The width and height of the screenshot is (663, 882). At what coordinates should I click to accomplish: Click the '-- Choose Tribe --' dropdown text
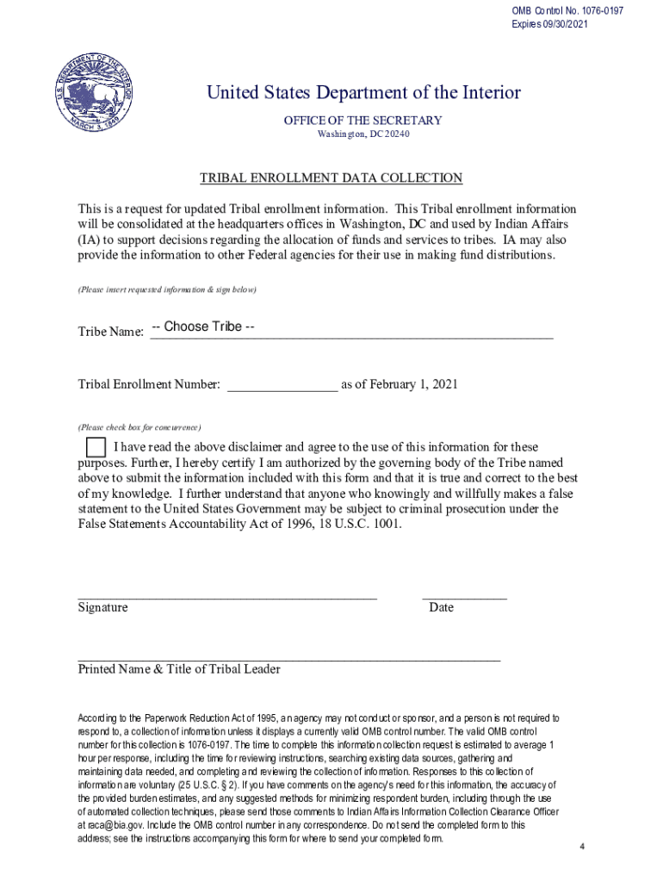tap(202, 326)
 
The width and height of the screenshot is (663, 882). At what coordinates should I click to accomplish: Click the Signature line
tap(227, 595)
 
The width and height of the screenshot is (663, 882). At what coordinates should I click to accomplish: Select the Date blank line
tap(464, 595)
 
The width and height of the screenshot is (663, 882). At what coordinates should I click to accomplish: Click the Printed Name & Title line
tap(288, 658)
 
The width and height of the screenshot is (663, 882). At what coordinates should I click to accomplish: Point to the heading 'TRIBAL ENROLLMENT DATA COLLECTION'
tap(331, 178)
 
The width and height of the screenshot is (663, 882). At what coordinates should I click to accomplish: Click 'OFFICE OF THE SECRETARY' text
tap(362, 121)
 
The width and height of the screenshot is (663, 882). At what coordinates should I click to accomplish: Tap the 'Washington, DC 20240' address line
tap(362, 135)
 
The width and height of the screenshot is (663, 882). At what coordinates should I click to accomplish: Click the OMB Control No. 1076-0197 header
tap(567, 11)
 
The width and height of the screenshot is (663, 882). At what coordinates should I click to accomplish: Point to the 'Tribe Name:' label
tap(111, 332)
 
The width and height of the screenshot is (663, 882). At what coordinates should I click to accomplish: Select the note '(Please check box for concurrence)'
tap(139, 427)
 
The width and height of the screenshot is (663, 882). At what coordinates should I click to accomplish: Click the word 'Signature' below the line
tap(103, 607)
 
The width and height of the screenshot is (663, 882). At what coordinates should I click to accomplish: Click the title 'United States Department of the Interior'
tap(363, 93)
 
